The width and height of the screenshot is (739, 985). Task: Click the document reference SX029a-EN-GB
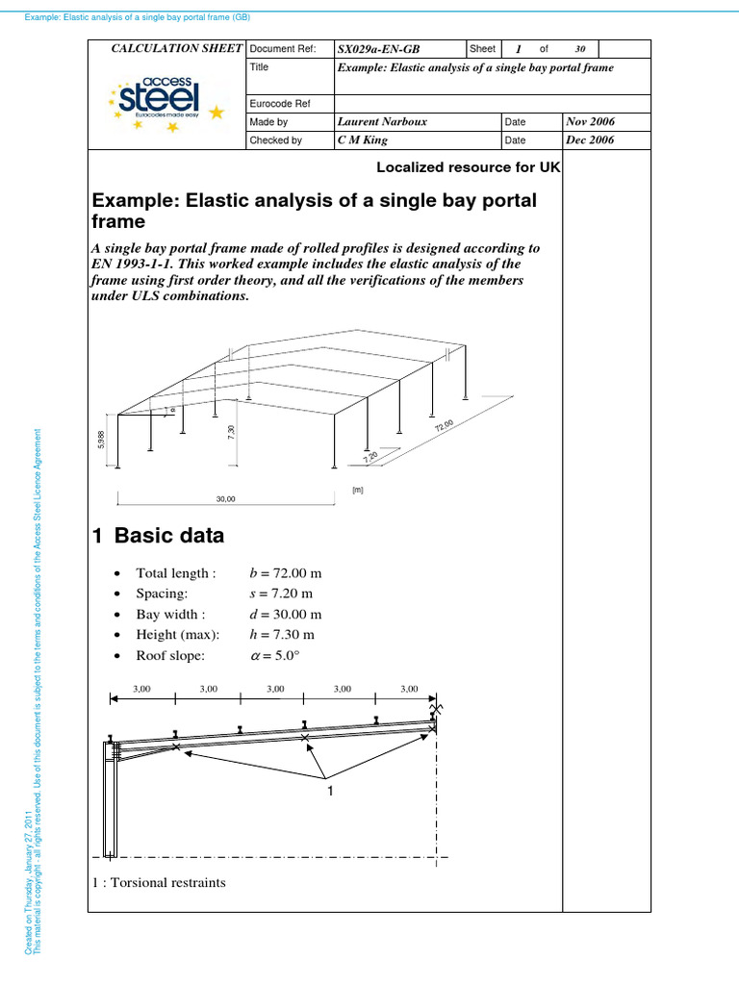(379, 49)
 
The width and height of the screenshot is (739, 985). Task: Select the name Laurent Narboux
(383, 122)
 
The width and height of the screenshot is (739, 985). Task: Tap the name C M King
(364, 140)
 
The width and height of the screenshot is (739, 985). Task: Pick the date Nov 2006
(591, 122)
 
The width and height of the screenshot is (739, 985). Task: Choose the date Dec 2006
(591, 140)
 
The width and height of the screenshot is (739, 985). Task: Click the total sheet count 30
(579, 49)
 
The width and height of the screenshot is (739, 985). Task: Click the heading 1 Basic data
(158, 536)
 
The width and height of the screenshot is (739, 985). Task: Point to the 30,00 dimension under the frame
(224, 499)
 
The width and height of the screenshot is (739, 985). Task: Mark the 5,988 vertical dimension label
(100, 440)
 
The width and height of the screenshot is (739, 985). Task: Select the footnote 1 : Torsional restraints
(159, 882)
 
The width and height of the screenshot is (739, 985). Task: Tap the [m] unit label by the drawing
(357, 490)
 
